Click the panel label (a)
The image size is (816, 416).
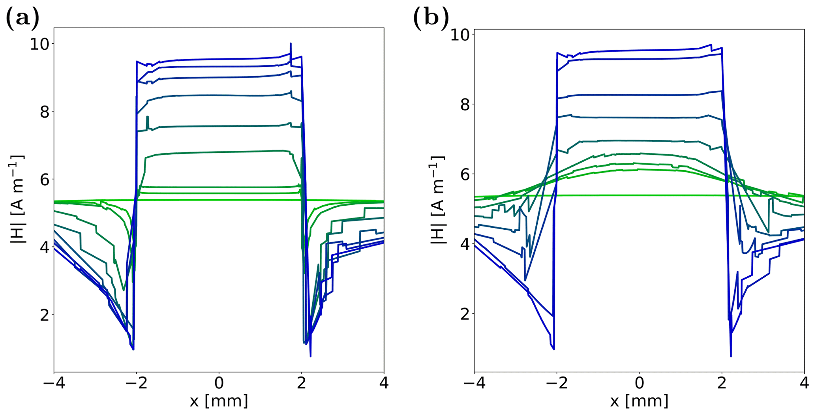coord(23,18)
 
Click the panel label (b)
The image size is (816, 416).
coord(431,18)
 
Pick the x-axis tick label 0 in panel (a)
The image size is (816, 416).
coord(219,383)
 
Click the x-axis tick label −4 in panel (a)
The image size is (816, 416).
coord(54,383)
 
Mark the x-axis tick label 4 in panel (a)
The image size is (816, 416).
coord(384,383)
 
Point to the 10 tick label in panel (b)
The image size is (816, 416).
coord(460,35)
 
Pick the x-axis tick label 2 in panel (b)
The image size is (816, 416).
coord(722,383)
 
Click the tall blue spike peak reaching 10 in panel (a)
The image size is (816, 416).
coord(291,44)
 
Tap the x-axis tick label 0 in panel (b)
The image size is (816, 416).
coord(639,383)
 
